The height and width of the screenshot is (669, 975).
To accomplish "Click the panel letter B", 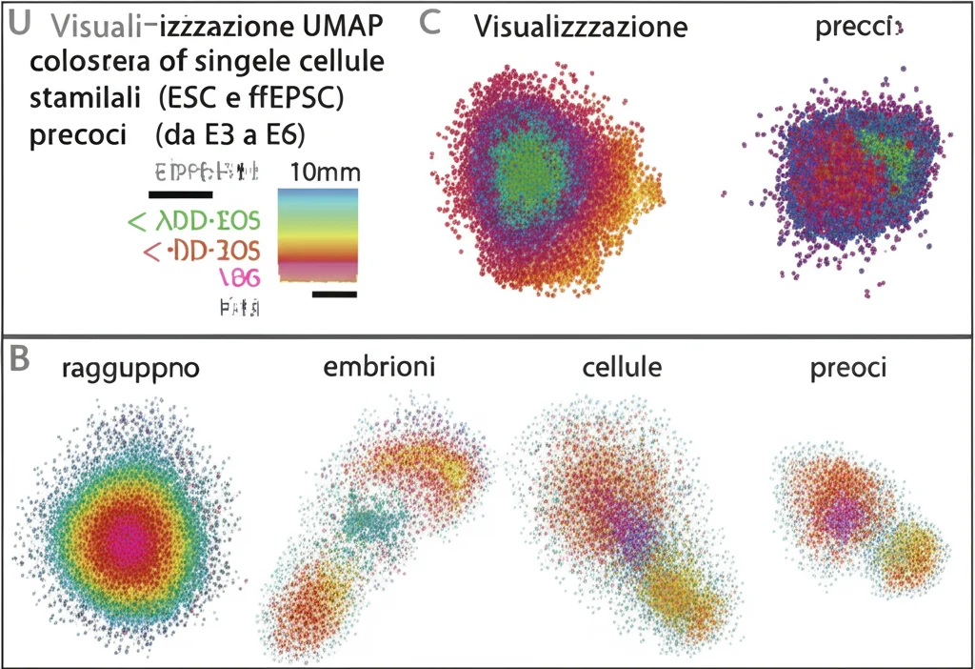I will click(21, 359).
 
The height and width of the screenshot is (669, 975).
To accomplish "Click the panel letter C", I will click(429, 24).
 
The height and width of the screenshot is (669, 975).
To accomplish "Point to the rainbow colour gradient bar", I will click(318, 234).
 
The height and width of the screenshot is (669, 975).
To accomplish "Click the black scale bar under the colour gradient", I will click(333, 294).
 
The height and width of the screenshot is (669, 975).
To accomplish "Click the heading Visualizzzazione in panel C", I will click(581, 27).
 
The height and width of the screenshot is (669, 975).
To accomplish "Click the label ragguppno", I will click(130, 369).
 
